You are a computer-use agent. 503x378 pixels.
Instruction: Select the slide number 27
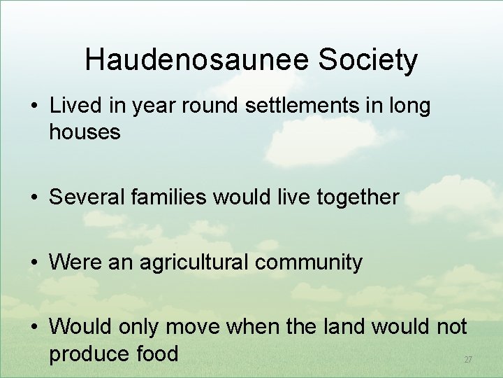468,360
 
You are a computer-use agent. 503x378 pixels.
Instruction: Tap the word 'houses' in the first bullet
85,132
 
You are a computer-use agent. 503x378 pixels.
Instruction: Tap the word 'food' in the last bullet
157,353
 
